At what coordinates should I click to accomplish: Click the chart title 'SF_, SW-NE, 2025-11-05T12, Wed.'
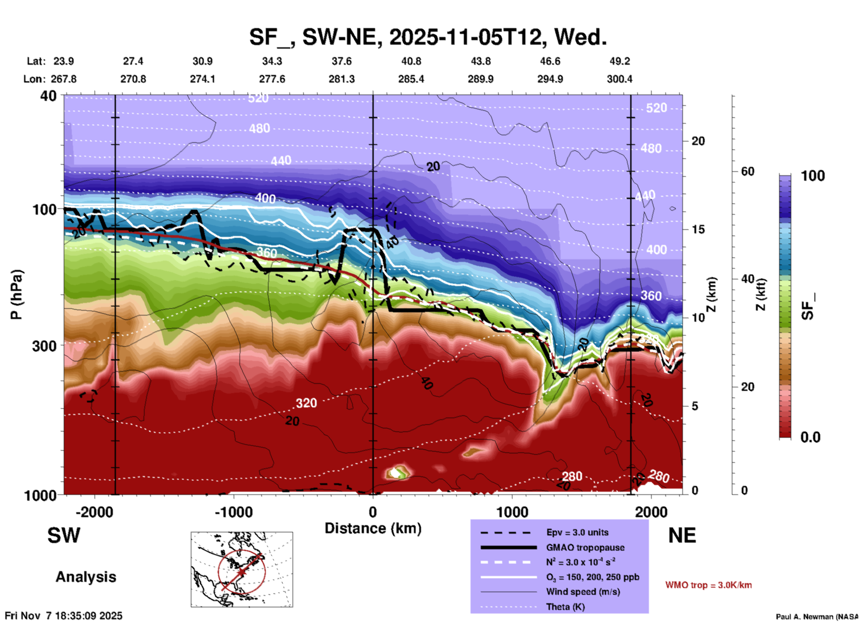tap(428, 37)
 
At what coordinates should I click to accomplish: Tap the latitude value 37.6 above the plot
tap(341, 61)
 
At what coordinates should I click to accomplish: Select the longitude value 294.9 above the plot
tap(550, 79)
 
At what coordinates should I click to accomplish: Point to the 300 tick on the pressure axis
tap(45, 346)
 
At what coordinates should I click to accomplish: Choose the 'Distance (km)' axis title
tap(373, 528)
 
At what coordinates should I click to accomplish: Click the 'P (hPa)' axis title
tap(17, 294)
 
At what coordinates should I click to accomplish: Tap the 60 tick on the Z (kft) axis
tap(747, 171)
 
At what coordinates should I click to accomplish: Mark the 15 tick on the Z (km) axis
tap(698, 229)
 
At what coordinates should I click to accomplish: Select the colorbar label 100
tap(813, 176)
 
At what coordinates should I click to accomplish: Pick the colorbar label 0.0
tap(810, 437)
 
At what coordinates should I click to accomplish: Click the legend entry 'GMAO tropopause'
tap(585, 547)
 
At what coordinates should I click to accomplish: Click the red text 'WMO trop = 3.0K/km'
tap(708, 585)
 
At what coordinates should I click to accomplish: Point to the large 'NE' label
tap(682, 535)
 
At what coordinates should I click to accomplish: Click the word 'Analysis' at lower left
tap(86, 577)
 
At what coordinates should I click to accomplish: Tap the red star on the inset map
tap(241, 572)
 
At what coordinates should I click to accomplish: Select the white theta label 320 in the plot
tap(306, 403)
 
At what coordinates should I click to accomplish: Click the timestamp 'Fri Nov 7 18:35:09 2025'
tap(63, 616)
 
